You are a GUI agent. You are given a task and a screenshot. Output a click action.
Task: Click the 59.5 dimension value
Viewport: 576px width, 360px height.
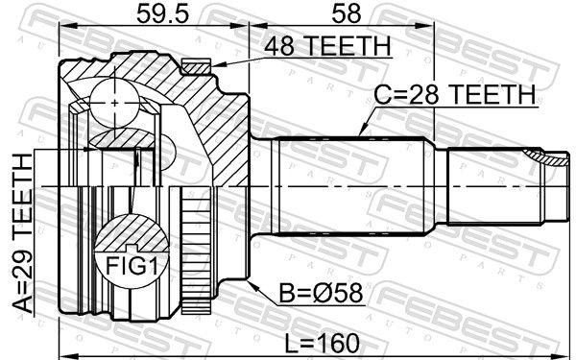[163, 14]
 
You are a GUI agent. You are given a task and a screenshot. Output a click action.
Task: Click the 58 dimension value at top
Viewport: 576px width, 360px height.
[346, 14]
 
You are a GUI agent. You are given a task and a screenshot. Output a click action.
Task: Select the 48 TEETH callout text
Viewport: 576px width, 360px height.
[327, 46]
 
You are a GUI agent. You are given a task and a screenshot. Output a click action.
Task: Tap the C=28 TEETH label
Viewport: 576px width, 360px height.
[455, 95]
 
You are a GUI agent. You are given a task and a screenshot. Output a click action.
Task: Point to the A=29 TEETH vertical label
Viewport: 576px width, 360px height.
[23, 233]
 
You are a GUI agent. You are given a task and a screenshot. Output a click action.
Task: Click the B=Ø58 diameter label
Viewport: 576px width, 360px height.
[321, 293]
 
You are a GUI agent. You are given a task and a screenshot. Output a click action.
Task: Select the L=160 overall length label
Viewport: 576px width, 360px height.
[322, 344]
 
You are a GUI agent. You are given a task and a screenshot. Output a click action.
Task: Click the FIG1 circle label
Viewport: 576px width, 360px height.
[132, 266]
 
